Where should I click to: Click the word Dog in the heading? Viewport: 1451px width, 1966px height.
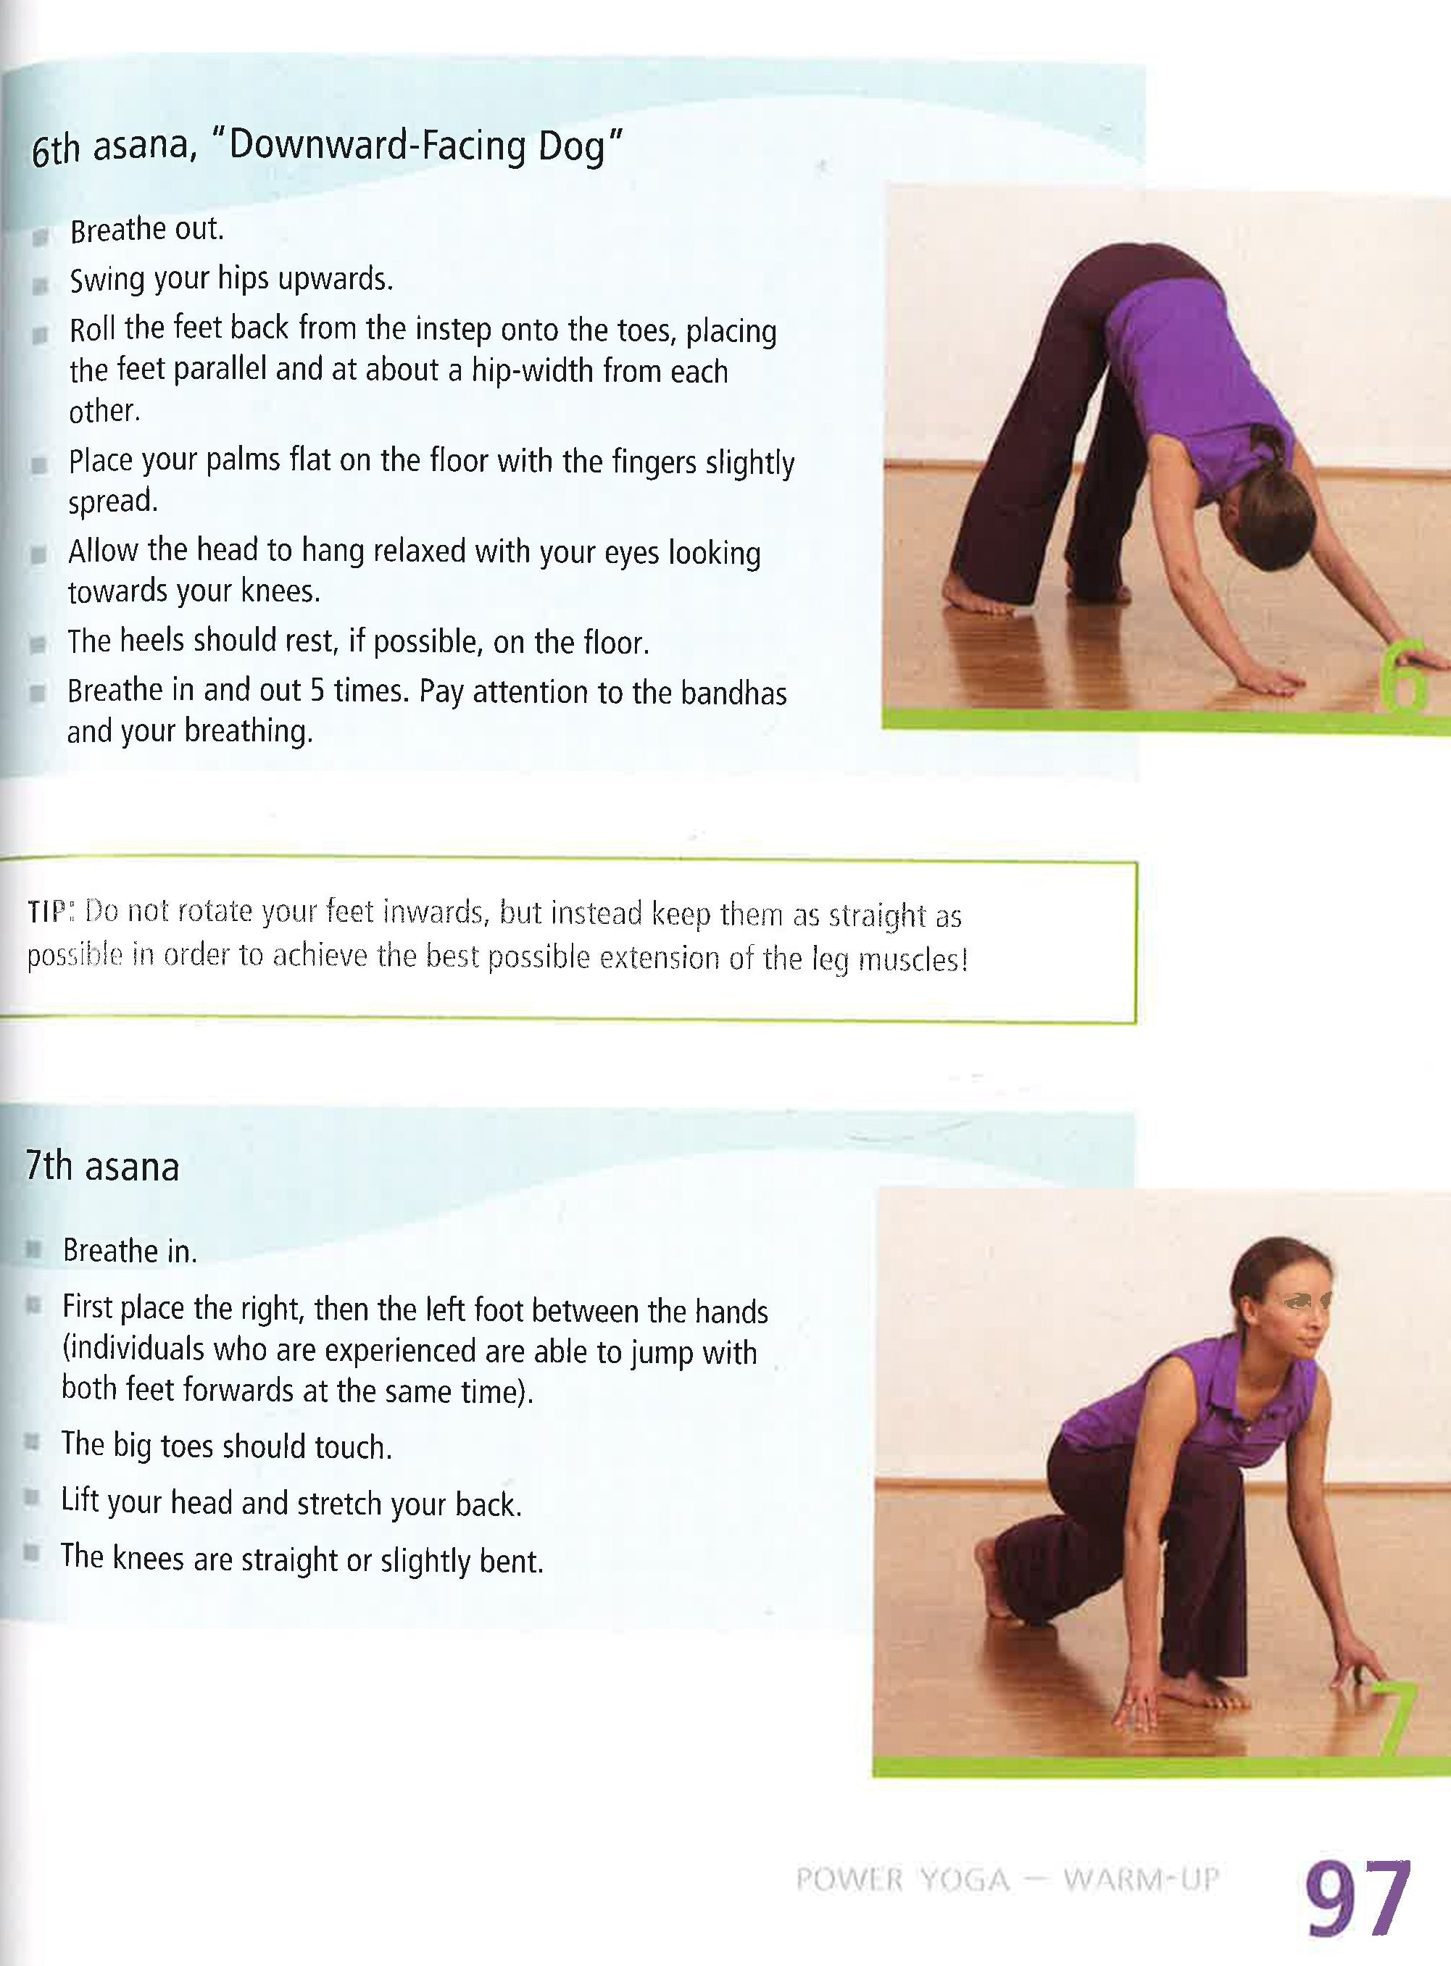point(572,148)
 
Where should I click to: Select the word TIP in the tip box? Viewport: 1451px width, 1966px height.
point(46,912)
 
